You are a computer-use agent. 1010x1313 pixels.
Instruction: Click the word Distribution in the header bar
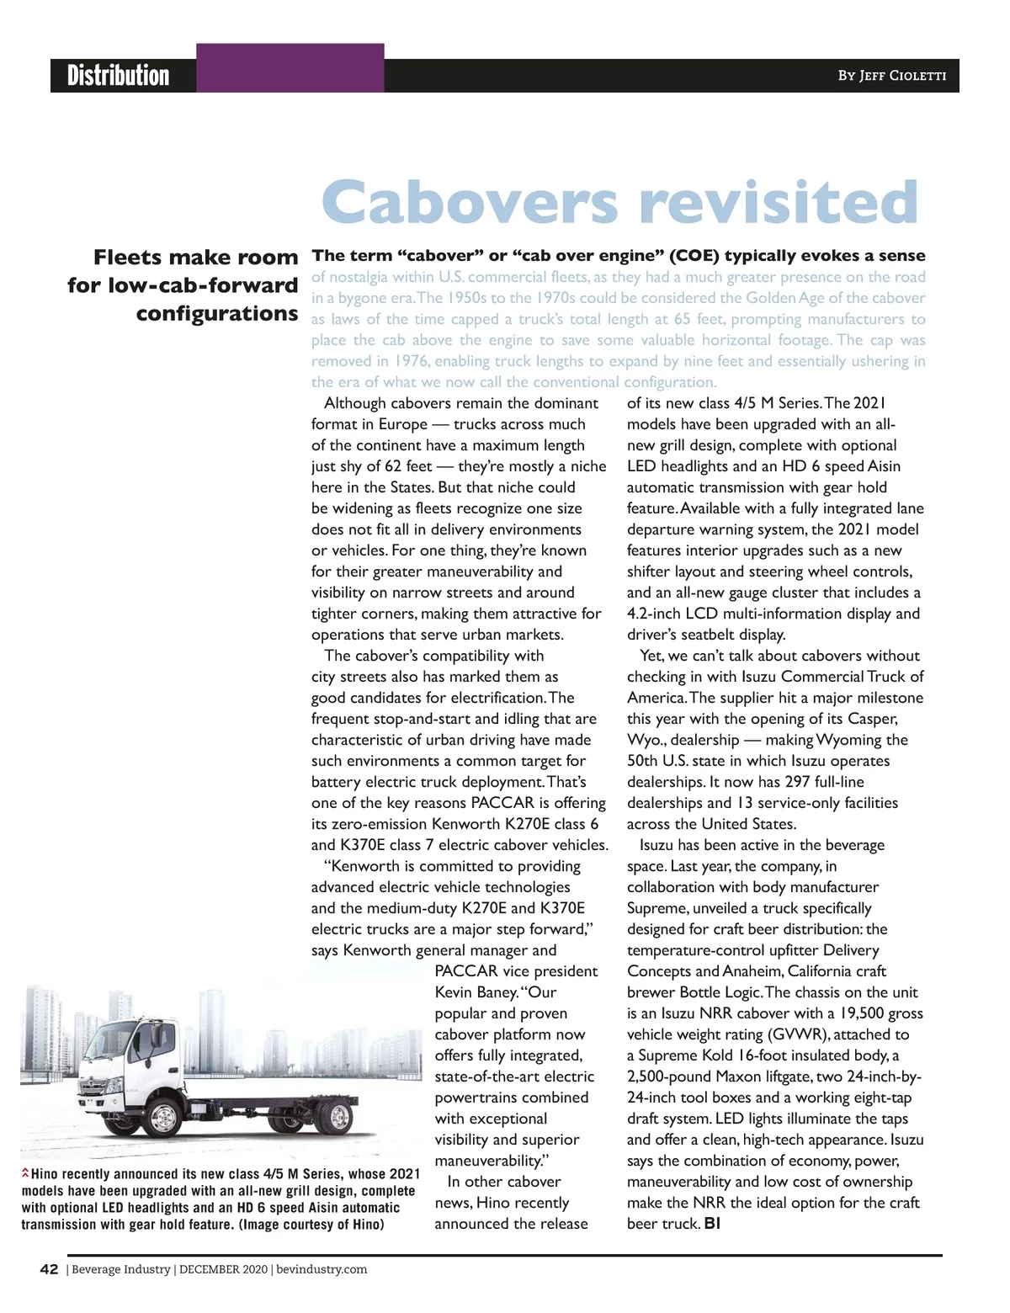(118, 75)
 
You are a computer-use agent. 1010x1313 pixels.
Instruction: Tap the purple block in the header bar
(290, 67)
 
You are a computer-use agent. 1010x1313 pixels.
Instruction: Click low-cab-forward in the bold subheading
(203, 285)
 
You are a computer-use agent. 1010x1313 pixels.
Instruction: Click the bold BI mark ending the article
(712, 1224)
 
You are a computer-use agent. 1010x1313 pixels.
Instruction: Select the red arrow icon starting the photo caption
(25, 1173)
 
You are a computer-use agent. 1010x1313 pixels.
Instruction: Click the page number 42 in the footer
(49, 1269)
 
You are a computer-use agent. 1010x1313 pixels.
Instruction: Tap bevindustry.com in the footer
(322, 1269)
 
